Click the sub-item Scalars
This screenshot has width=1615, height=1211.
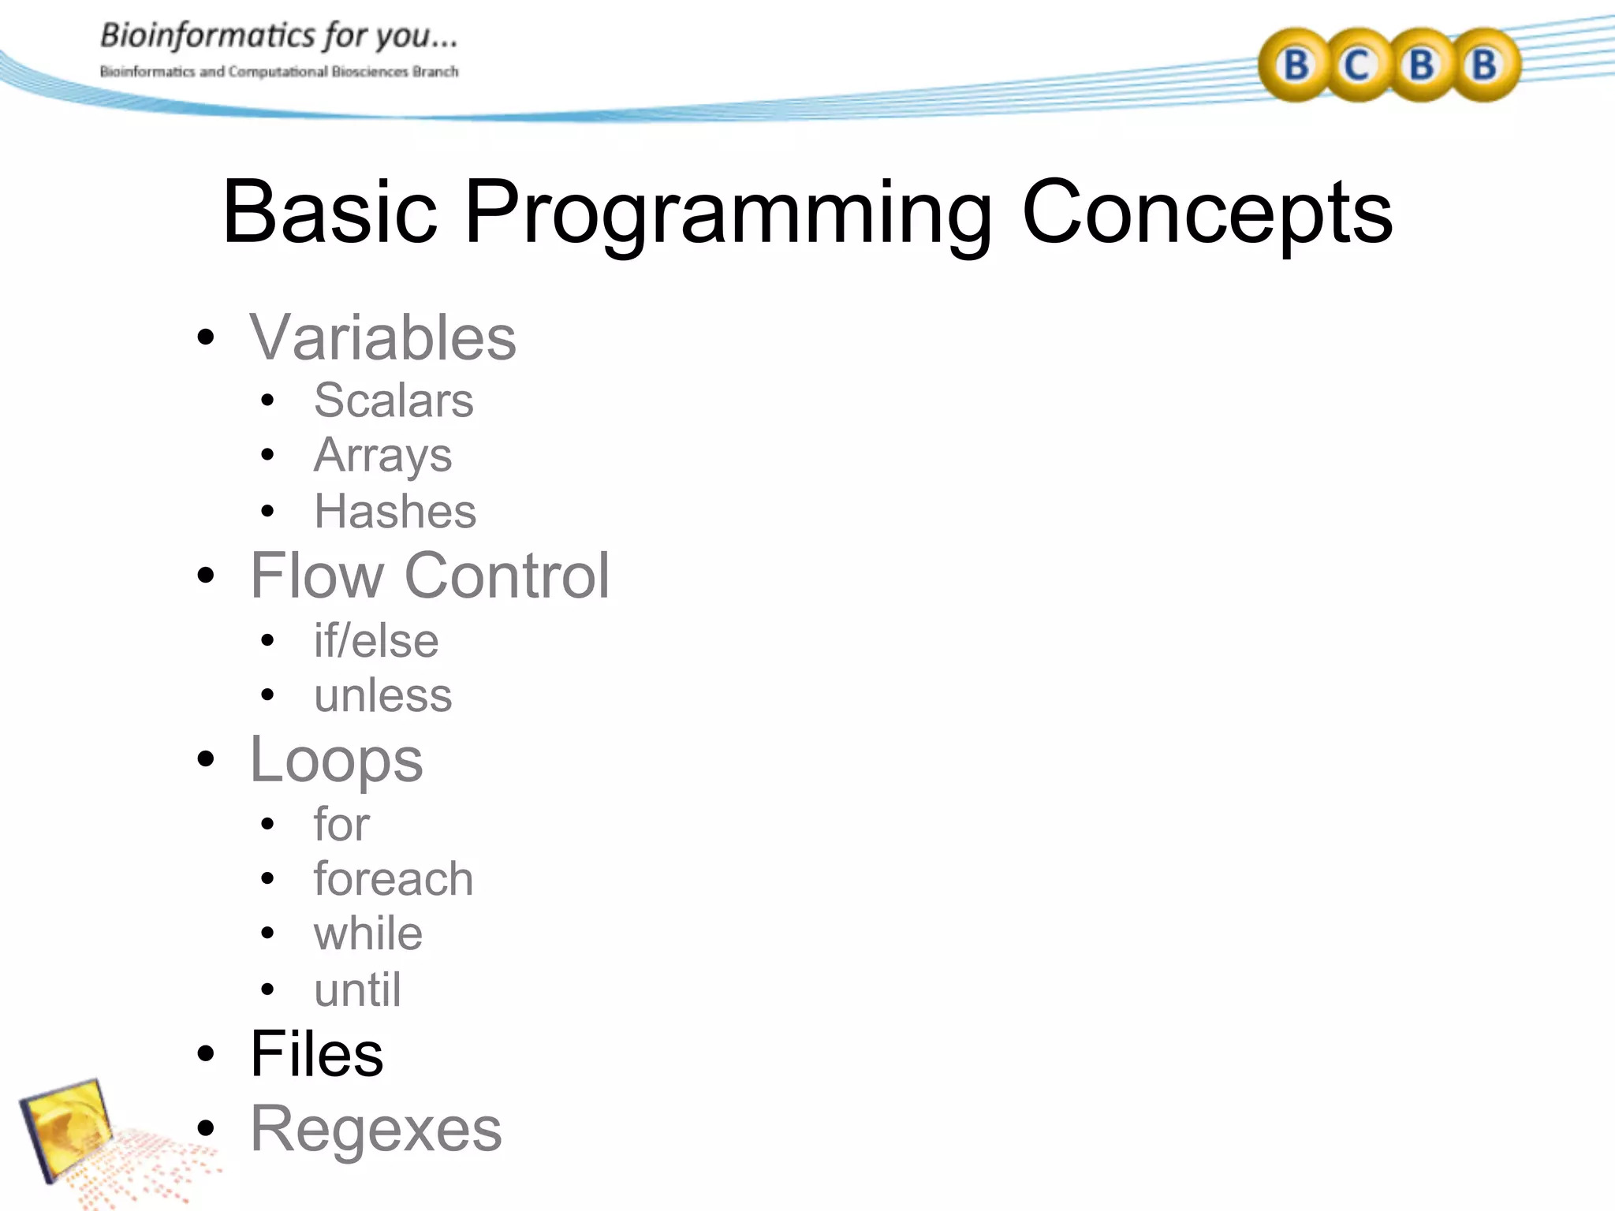point(393,401)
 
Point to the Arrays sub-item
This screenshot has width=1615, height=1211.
point(382,456)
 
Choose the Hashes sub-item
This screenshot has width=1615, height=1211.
point(395,511)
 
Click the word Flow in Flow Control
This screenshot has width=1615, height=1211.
point(316,576)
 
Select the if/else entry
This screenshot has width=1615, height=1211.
point(376,640)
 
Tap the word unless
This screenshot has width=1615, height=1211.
point(382,695)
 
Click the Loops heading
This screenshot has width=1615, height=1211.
point(337,760)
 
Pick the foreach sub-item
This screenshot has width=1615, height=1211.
point(393,878)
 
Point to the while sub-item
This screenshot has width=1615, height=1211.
point(368,933)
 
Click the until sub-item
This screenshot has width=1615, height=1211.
point(357,989)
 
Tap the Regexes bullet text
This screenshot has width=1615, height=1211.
point(375,1129)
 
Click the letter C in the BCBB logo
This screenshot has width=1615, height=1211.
point(1356,65)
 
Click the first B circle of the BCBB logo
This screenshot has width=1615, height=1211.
point(1295,65)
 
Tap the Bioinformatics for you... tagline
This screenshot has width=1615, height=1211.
point(278,36)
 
